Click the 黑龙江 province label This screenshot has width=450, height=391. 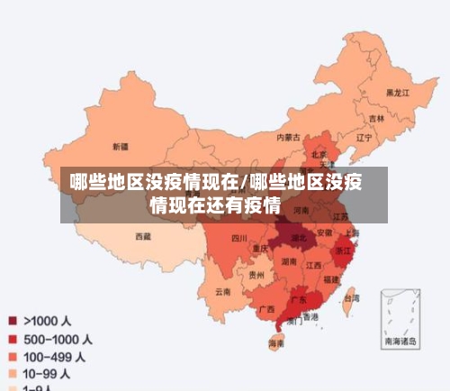click(x=398, y=93)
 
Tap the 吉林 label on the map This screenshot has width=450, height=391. click(x=375, y=118)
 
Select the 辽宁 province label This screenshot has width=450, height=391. click(x=364, y=138)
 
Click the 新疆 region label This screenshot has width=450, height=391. click(x=120, y=145)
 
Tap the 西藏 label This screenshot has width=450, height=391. click(x=142, y=237)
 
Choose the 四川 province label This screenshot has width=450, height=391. click(x=238, y=238)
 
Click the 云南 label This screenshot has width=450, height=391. click(x=222, y=291)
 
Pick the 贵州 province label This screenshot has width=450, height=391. click(x=257, y=275)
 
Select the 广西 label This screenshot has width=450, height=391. click(x=266, y=308)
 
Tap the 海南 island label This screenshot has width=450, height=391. click(x=276, y=343)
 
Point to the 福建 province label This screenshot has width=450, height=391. click(x=332, y=280)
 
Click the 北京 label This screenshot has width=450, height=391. click(x=319, y=154)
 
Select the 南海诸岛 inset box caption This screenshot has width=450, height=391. click(x=400, y=341)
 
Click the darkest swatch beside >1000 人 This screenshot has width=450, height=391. click(x=13, y=319)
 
